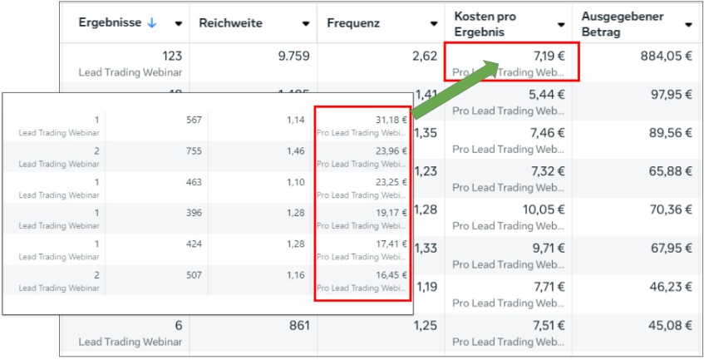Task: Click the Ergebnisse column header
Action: coord(111,23)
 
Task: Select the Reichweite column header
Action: coord(231,23)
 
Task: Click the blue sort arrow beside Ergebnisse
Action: coord(151,23)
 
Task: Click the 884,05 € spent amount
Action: coord(664,56)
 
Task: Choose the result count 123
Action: coord(172,56)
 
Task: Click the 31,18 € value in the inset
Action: coord(391,120)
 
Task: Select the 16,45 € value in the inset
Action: coord(391,274)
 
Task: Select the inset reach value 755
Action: coord(194,151)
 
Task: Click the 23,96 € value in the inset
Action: coord(391,151)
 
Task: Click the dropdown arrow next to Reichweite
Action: coord(307,24)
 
